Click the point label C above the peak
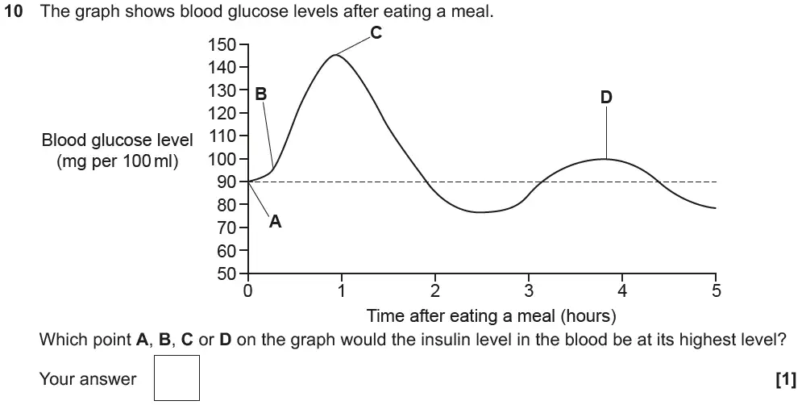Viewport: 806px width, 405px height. click(376, 32)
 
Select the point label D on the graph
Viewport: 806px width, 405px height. click(606, 97)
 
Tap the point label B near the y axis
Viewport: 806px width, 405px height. click(260, 94)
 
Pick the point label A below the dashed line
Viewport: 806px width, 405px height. click(275, 222)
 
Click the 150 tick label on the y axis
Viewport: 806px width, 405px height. click(222, 44)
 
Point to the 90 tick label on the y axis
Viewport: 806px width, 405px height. click(226, 182)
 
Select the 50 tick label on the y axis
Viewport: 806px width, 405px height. click(226, 273)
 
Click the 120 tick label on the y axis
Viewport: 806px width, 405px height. click(222, 113)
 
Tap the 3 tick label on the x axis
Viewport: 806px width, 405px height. click(529, 290)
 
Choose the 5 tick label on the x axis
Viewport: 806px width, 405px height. click(716, 290)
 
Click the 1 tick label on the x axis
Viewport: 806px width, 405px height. click(342, 290)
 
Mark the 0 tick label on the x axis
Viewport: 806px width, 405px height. click(248, 290)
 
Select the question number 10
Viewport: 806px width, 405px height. click(14, 14)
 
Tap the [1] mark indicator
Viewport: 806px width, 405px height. click(785, 379)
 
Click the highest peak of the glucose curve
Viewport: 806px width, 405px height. click(334, 55)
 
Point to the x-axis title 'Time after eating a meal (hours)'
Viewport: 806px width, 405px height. click(492, 315)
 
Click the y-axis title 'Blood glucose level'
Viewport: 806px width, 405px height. click(118, 140)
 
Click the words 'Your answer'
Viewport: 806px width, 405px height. click(88, 379)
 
